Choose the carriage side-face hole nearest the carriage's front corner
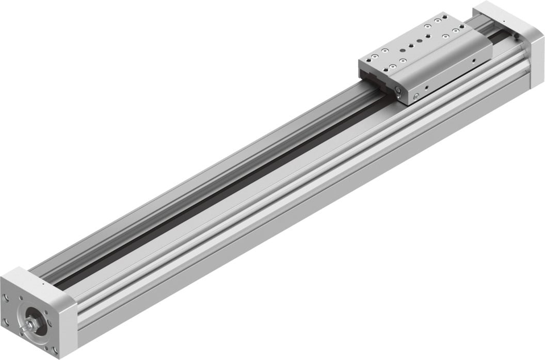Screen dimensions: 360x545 pyautogui.click(x=426, y=88)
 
